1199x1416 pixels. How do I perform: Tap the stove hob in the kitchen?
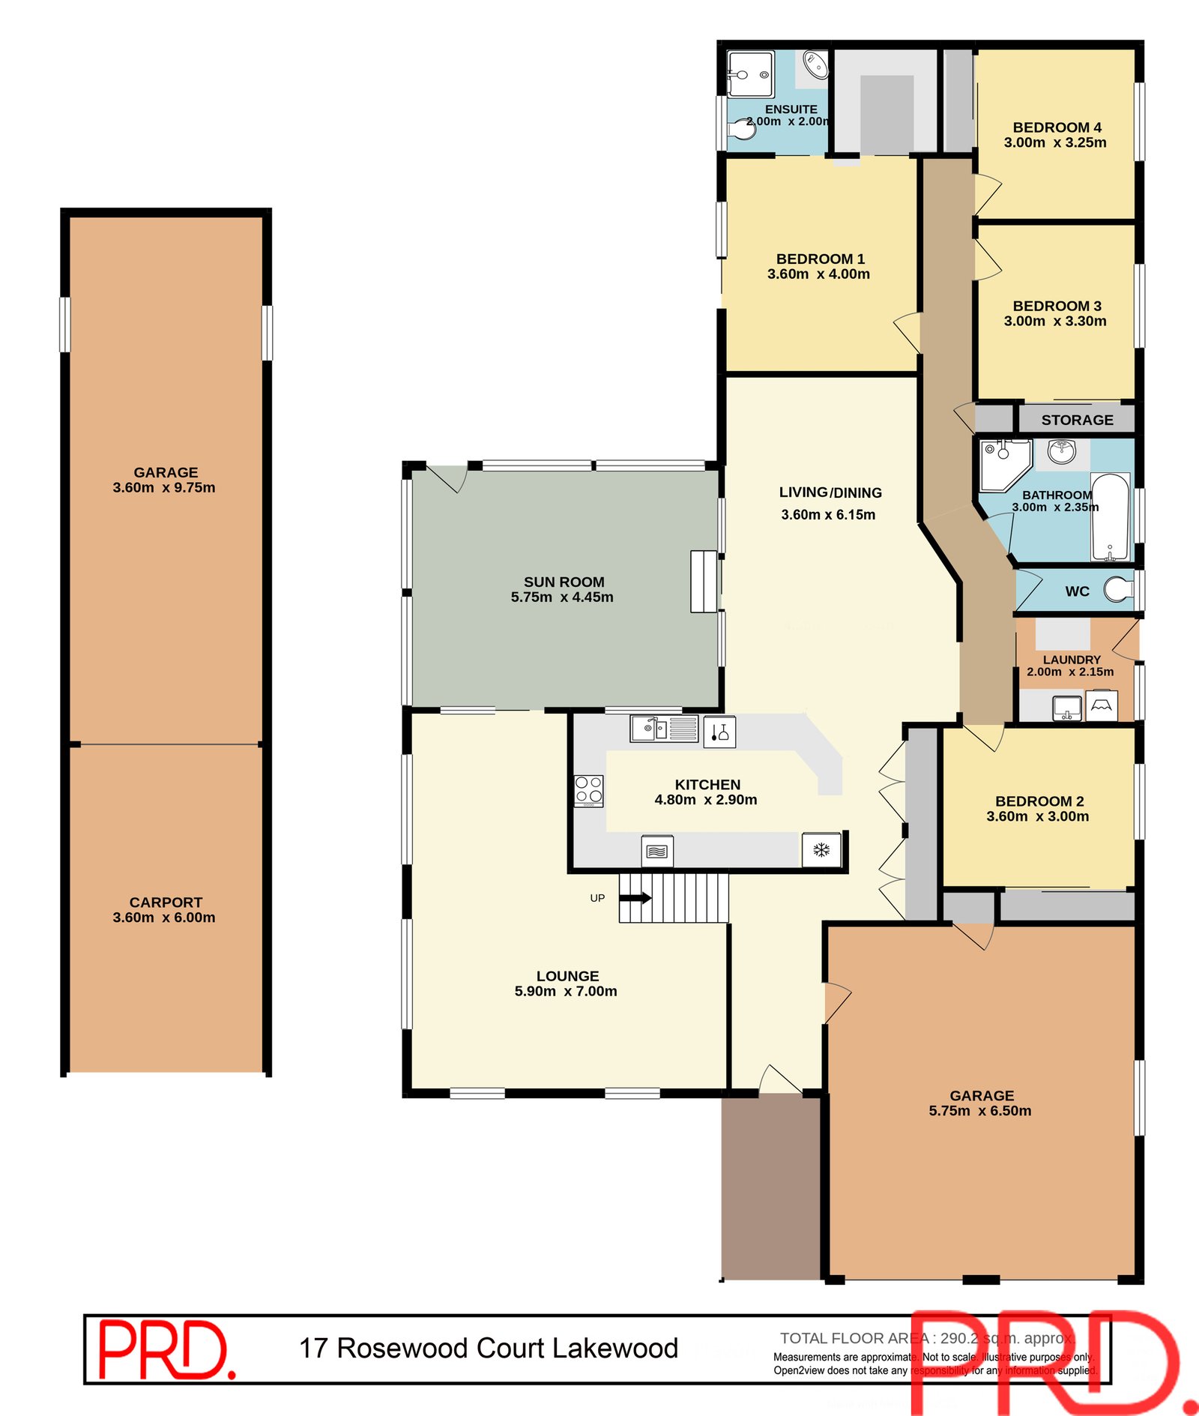[x=588, y=790]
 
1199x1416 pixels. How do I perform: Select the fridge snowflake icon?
[x=821, y=850]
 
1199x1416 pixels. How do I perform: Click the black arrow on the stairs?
[x=635, y=897]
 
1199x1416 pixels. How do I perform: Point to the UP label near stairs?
[x=597, y=898]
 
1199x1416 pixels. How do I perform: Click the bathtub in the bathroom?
[x=1110, y=516]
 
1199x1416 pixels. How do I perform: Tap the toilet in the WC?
[x=1119, y=588]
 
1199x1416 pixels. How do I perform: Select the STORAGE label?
[x=1077, y=420]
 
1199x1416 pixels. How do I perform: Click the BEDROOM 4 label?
[x=1057, y=127]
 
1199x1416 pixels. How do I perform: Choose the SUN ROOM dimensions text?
[x=562, y=597]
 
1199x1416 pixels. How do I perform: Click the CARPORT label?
[x=166, y=903]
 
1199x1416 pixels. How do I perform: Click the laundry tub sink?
[x=1066, y=707]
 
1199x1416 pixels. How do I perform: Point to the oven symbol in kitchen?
[x=657, y=852]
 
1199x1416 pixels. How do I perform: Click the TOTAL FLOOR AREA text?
[x=854, y=1338]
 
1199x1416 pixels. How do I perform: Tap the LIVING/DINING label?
[x=830, y=492]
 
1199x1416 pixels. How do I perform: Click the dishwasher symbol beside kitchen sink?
[x=719, y=732]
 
